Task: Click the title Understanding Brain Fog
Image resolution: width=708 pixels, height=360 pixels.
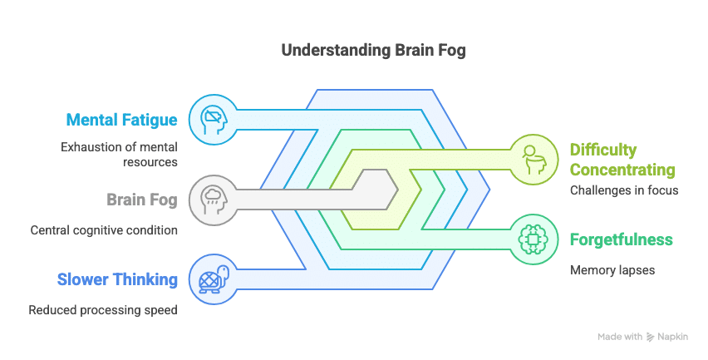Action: (373, 50)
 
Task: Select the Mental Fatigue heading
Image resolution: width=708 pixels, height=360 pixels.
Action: (121, 120)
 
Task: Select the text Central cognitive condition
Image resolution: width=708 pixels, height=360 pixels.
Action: (104, 230)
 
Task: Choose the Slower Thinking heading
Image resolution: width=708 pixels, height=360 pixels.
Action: (117, 279)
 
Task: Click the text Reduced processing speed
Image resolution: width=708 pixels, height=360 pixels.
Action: (103, 310)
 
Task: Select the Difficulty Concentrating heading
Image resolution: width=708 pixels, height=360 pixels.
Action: (622, 160)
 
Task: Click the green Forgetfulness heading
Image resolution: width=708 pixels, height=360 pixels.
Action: (621, 240)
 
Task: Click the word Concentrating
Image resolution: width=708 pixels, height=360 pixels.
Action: (622, 170)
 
